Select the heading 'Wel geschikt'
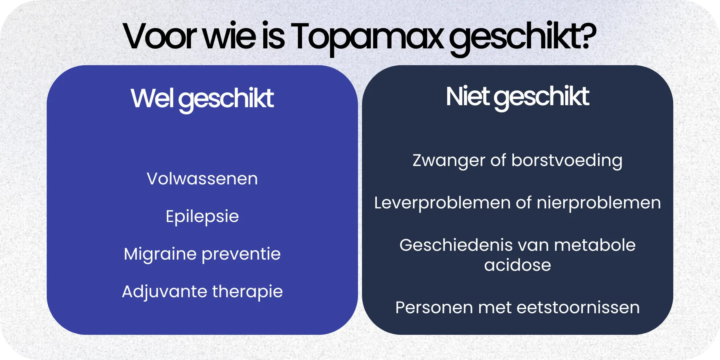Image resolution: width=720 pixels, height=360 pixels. pyautogui.click(x=202, y=98)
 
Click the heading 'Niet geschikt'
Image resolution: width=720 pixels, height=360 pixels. pyautogui.click(x=517, y=97)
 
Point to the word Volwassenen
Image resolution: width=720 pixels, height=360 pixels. pyautogui.click(x=202, y=179)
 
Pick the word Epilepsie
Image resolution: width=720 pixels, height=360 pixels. pyautogui.click(x=202, y=217)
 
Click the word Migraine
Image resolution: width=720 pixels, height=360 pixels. pyautogui.click(x=160, y=254)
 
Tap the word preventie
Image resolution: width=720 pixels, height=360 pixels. pyautogui.click(x=241, y=254)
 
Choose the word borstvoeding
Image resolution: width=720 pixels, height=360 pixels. pyautogui.click(x=567, y=161)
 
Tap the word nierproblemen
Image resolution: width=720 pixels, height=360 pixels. pyautogui.click(x=598, y=203)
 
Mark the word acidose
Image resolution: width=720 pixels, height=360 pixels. pyautogui.click(x=517, y=265)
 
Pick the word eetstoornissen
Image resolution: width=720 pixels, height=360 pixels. pyautogui.click(x=578, y=308)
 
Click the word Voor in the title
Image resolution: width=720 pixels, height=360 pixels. pyautogui.click(x=160, y=37)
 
